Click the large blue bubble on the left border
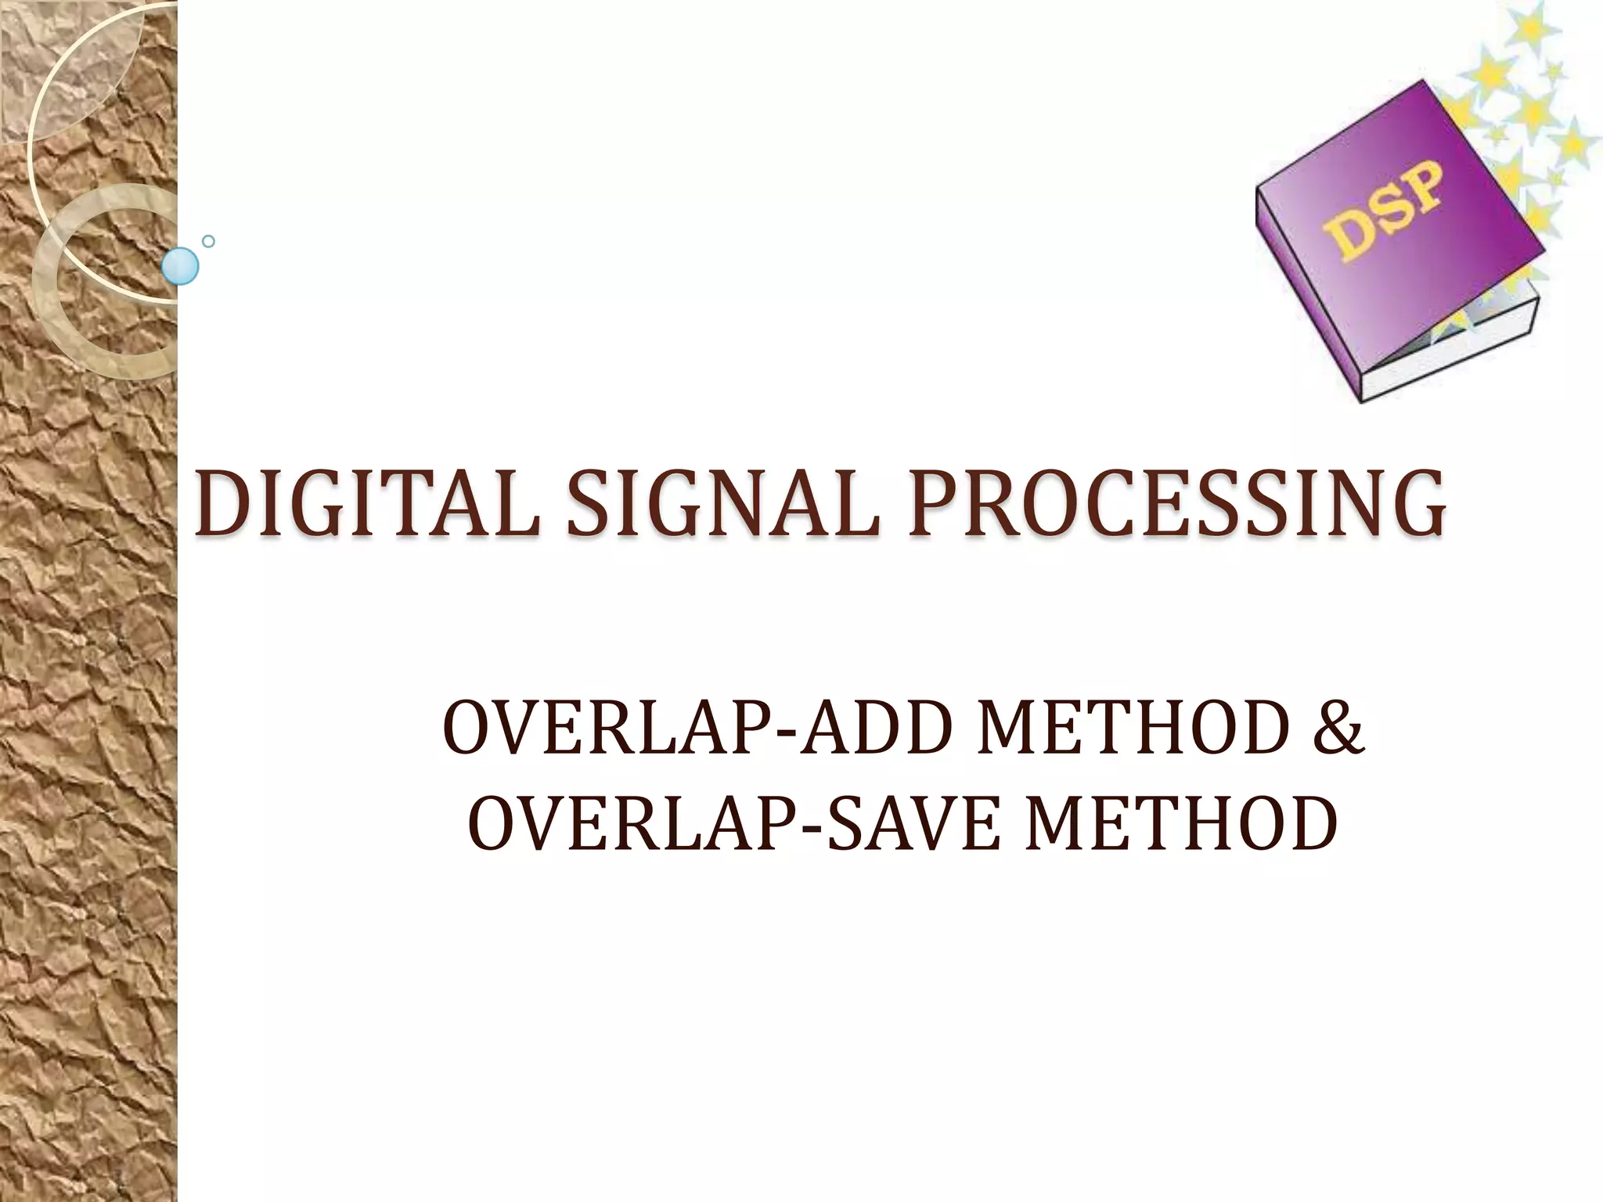click(x=180, y=266)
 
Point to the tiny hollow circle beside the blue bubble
click(x=208, y=242)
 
